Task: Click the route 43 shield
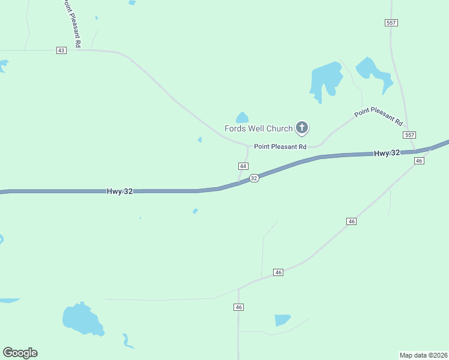point(61,50)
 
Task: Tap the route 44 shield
point(243,166)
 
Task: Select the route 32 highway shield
point(254,178)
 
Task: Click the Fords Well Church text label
point(258,128)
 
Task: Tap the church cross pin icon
point(302,127)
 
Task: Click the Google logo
point(20,353)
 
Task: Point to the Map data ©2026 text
point(423,355)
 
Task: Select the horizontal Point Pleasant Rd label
point(280,146)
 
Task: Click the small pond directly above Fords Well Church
point(242,118)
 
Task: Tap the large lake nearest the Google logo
point(81,319)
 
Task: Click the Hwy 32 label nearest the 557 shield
point(387,154)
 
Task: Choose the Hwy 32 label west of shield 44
point(120,191)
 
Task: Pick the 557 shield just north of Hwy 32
point(409,135)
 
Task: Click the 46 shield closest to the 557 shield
point(419,161)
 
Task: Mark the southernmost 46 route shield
point(239,307)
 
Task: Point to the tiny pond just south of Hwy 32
point(195,211)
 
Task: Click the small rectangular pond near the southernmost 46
point(282,320)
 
